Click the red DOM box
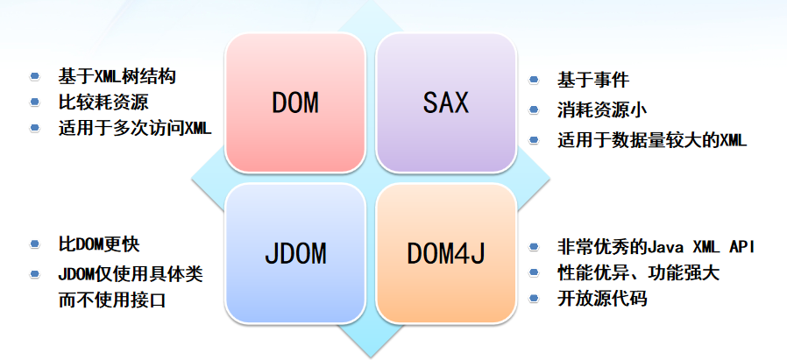[294, 103]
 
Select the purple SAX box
[445, 103]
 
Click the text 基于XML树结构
[117, 76]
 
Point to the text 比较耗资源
[97, 102]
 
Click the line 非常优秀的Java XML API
[656, 246]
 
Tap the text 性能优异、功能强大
[638, 272]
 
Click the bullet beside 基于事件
[534, 81]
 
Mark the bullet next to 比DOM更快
[35, 244]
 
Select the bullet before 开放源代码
[534, 299]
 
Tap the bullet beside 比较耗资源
[35, 102]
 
